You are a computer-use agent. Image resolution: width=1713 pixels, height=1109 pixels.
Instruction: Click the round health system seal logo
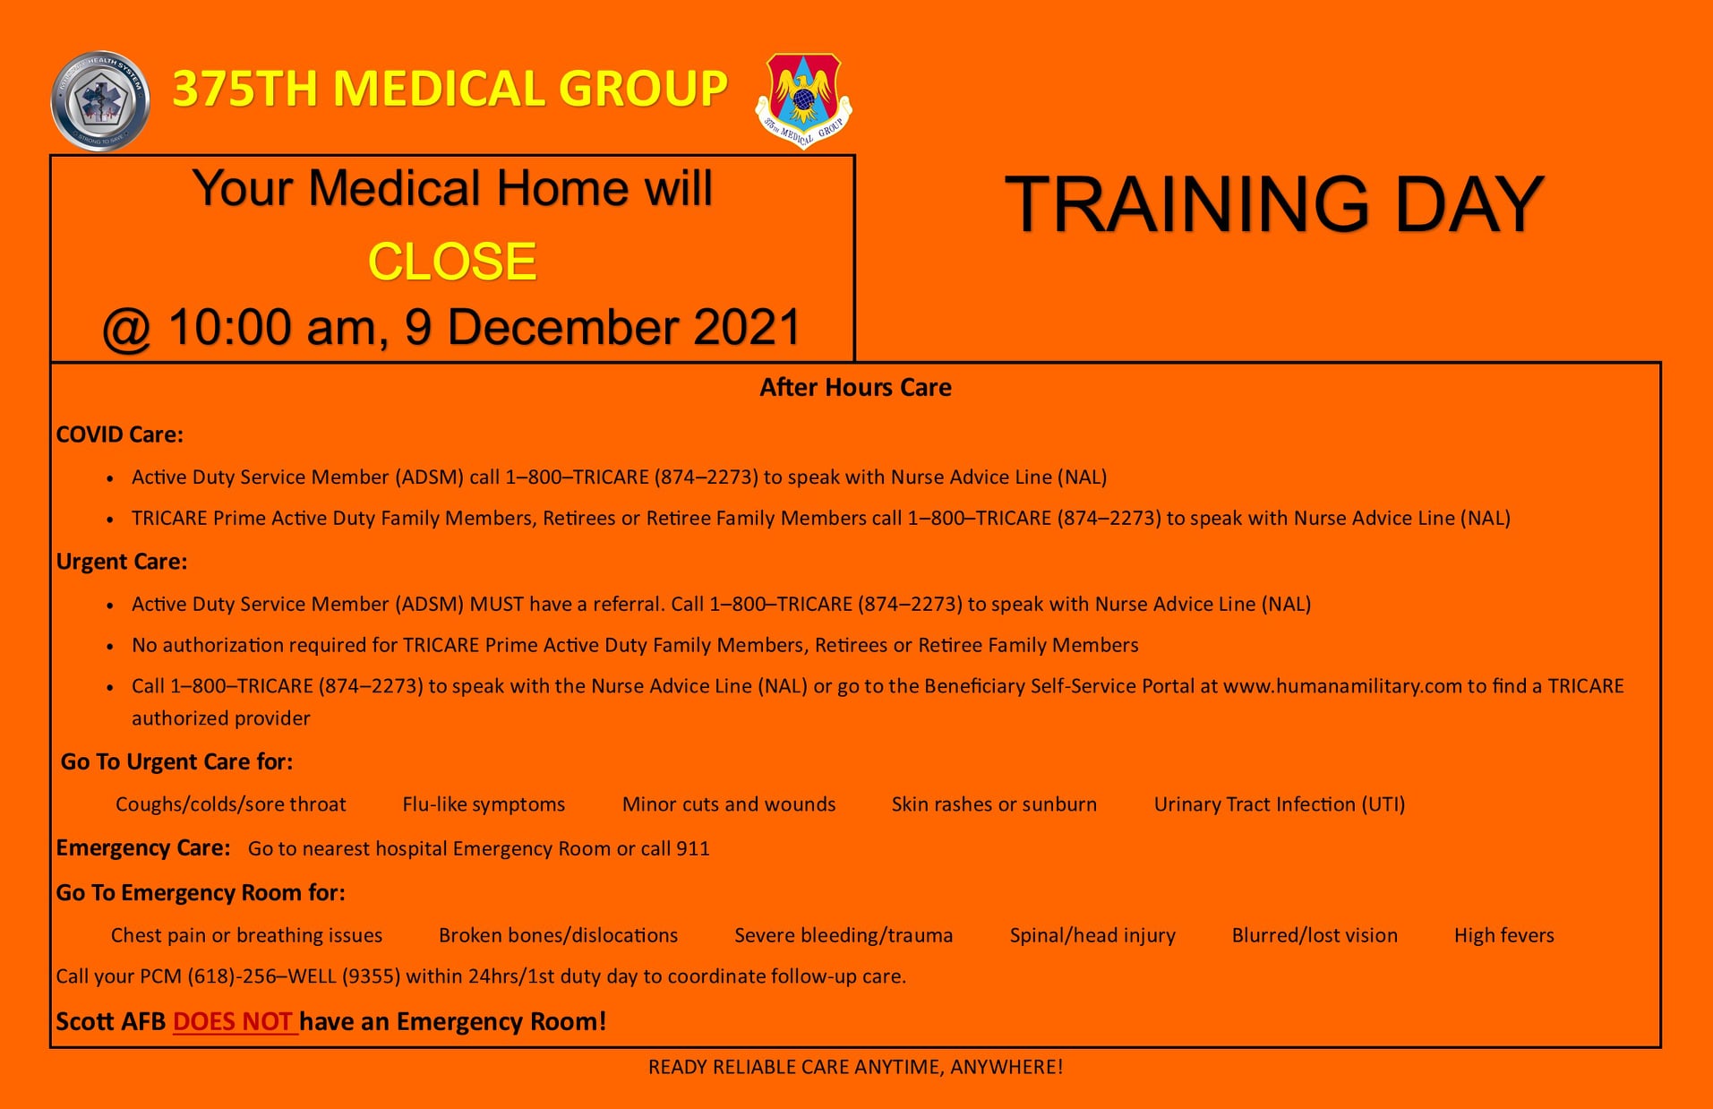(100, 100)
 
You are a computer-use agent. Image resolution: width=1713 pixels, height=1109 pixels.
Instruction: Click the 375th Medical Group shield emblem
(804, 99)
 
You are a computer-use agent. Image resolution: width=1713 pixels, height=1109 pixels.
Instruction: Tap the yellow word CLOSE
(452, 262)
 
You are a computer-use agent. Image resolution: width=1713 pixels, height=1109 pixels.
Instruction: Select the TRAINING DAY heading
(1274, 204)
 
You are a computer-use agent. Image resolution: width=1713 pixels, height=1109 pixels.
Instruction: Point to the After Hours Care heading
(855, 387)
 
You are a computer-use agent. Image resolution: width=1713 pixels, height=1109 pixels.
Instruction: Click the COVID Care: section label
(120, 434)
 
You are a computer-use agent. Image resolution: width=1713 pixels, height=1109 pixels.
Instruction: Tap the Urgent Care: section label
(122, 562)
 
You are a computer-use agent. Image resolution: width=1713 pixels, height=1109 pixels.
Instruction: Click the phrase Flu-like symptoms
(484, 804)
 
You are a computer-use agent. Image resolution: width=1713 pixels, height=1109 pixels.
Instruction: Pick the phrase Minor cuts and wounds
(729, 804)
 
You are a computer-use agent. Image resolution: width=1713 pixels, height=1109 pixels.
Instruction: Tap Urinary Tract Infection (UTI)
(1280, 804)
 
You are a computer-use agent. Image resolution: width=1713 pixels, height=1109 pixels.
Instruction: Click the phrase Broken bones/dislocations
(558, 935)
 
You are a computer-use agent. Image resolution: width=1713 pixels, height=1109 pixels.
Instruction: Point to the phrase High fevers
(1504, 935)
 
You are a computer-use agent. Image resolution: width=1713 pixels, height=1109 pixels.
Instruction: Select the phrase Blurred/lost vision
(1315, 935)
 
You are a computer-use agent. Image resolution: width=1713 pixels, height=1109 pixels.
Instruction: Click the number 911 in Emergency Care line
(693, 848)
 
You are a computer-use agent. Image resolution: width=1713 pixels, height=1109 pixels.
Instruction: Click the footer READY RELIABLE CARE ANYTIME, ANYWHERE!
(855, 1067)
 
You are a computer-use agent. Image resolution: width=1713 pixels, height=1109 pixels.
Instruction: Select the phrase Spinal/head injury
(1092, 935)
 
